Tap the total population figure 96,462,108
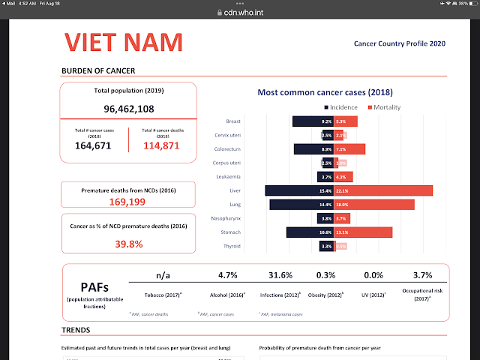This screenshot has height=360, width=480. tap(129, 109)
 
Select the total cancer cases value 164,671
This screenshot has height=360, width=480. tap(93, 145)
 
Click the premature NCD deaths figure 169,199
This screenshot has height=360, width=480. tap(129, 202)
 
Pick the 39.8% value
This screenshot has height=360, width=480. tap(129, 244)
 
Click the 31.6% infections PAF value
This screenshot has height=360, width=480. tap(281, 275)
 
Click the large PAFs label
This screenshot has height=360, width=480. tap(96, 287)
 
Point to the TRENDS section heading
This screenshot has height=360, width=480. tap(77, 329)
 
